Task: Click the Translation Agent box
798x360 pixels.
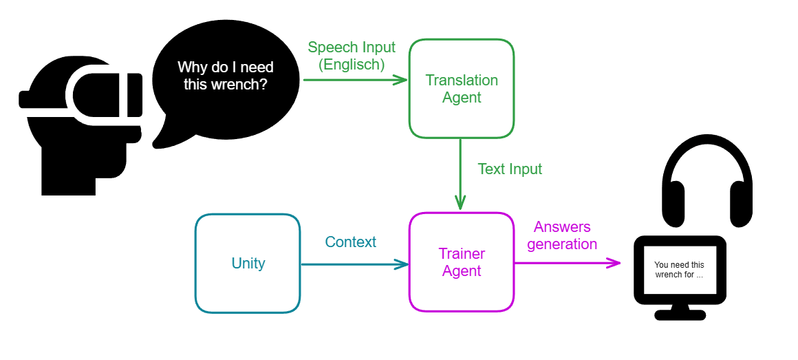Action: point(461,89)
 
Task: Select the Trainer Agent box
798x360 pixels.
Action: point(461,262)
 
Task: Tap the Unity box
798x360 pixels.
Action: point(248,264)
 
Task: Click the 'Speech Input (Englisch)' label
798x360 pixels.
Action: point(351,56)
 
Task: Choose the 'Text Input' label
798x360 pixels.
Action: point(509,169)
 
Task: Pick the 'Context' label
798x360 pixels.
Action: point(350,242)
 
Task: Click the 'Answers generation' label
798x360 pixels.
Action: point(562,235)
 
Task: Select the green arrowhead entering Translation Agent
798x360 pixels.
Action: point(402,80)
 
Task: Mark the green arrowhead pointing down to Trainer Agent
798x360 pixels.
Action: point(461,203)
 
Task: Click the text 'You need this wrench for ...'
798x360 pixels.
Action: point(679,270)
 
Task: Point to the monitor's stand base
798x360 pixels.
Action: point(679,315)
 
